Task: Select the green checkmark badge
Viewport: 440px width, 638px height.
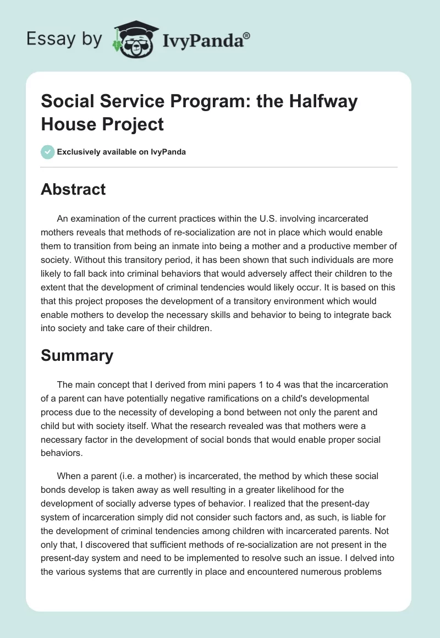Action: [48, 152]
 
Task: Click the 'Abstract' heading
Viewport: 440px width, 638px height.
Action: [73, 189]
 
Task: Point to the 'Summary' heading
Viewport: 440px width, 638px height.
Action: [77, 355]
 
